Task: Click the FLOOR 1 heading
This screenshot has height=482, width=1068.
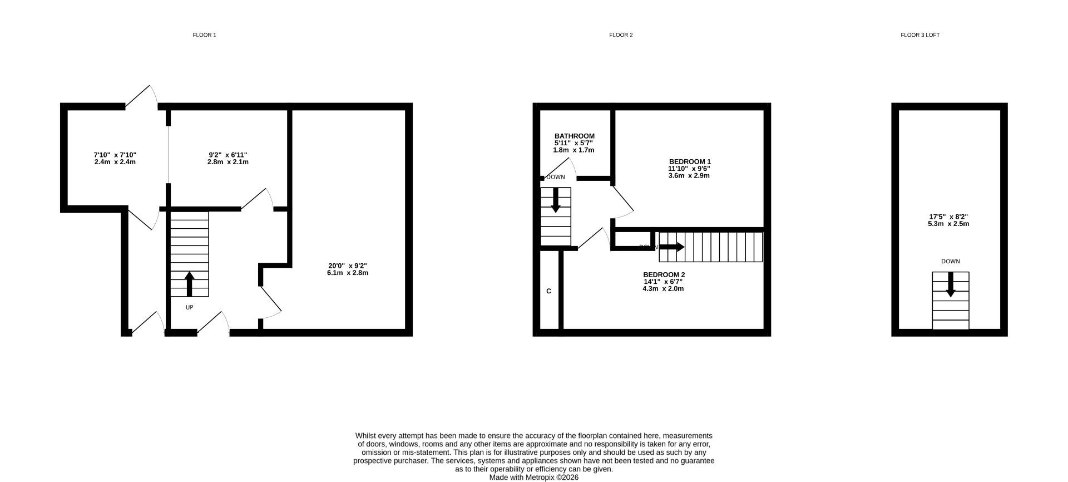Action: (x=204, y=35)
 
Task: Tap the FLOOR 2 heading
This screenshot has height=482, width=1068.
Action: (x=621, y=35)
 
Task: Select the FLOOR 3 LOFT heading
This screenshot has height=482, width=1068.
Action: (x=920, y=35)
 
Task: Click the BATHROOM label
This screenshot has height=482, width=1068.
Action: (x=574, y=136)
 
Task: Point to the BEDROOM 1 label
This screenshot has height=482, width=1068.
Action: (x=690, y=162)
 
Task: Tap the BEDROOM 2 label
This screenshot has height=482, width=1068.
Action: (x=664, y=275)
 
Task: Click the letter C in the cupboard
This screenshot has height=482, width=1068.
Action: (x=548, y=291)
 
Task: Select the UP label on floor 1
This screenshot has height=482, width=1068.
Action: (x=189, y=307)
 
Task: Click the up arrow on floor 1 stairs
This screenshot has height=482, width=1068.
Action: (x=189, y=283)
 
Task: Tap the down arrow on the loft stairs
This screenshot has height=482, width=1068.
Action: (x=951, y=284)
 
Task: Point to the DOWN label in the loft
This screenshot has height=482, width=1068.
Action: (x=950, y=262)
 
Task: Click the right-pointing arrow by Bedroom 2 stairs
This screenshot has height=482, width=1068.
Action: (x=671, y=247)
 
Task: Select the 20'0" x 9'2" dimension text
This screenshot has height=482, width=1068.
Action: (x=348, y=266)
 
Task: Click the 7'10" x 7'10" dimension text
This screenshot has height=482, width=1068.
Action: (x=115, y=155)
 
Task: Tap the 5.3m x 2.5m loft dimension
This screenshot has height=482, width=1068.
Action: (x=948, y=224)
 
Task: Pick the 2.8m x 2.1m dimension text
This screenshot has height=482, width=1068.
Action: (x=228, y=162)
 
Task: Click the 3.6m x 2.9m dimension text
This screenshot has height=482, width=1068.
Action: (x=689, y=176)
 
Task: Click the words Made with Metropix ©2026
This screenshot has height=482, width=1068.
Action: (x=533, y=478)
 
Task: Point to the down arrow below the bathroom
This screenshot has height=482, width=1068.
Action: (x=555, y=200)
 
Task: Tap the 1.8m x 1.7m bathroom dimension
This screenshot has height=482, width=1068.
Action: (x=573, y=150)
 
